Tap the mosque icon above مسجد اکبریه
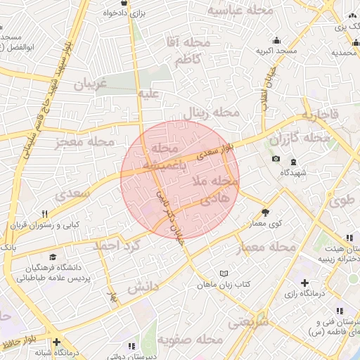(x=276, y=40)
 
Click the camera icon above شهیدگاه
(x=276, y=159)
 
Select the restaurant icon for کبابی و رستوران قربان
(x=44, y=214)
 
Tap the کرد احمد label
(x=117, y=245)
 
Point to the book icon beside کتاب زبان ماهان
(x=224, y=273)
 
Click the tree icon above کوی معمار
(x=265, y=212)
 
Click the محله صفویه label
(x=190, y=340)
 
